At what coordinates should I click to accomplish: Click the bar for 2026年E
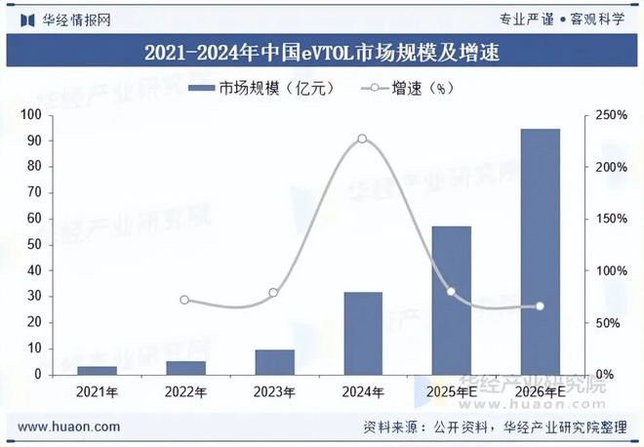[540, 251]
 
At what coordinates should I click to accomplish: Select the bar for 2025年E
[451, 300]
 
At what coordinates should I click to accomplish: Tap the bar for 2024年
[363, 333]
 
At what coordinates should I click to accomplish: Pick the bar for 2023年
[274, 361]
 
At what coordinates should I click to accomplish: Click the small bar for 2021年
[97, 370]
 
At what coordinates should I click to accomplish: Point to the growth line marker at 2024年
[362, 139]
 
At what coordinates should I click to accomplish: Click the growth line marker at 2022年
[185, 300]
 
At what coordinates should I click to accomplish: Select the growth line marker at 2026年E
[540, 306]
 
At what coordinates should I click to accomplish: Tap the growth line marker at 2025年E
[451, 292]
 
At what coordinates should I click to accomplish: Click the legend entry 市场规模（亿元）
[262, 88]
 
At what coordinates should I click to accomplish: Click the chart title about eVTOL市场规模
[322, 53]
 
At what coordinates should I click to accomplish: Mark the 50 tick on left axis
[33, 245]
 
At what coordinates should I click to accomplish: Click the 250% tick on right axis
[613, 115]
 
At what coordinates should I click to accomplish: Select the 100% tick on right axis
[613, 270]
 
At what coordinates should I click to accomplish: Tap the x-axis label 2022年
[185, 392]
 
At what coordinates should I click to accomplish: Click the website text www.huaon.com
[69, 427]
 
